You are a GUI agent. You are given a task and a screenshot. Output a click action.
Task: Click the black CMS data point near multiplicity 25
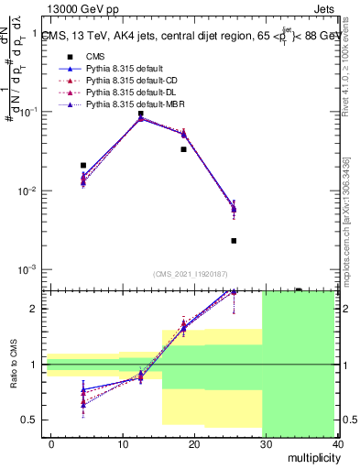pos(234,241)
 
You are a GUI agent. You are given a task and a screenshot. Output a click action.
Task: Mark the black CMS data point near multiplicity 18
pos(183,149)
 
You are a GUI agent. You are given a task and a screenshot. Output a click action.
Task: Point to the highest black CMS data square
pos(140,115)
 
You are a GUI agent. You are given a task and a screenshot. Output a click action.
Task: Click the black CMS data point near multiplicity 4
pos(83,166)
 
